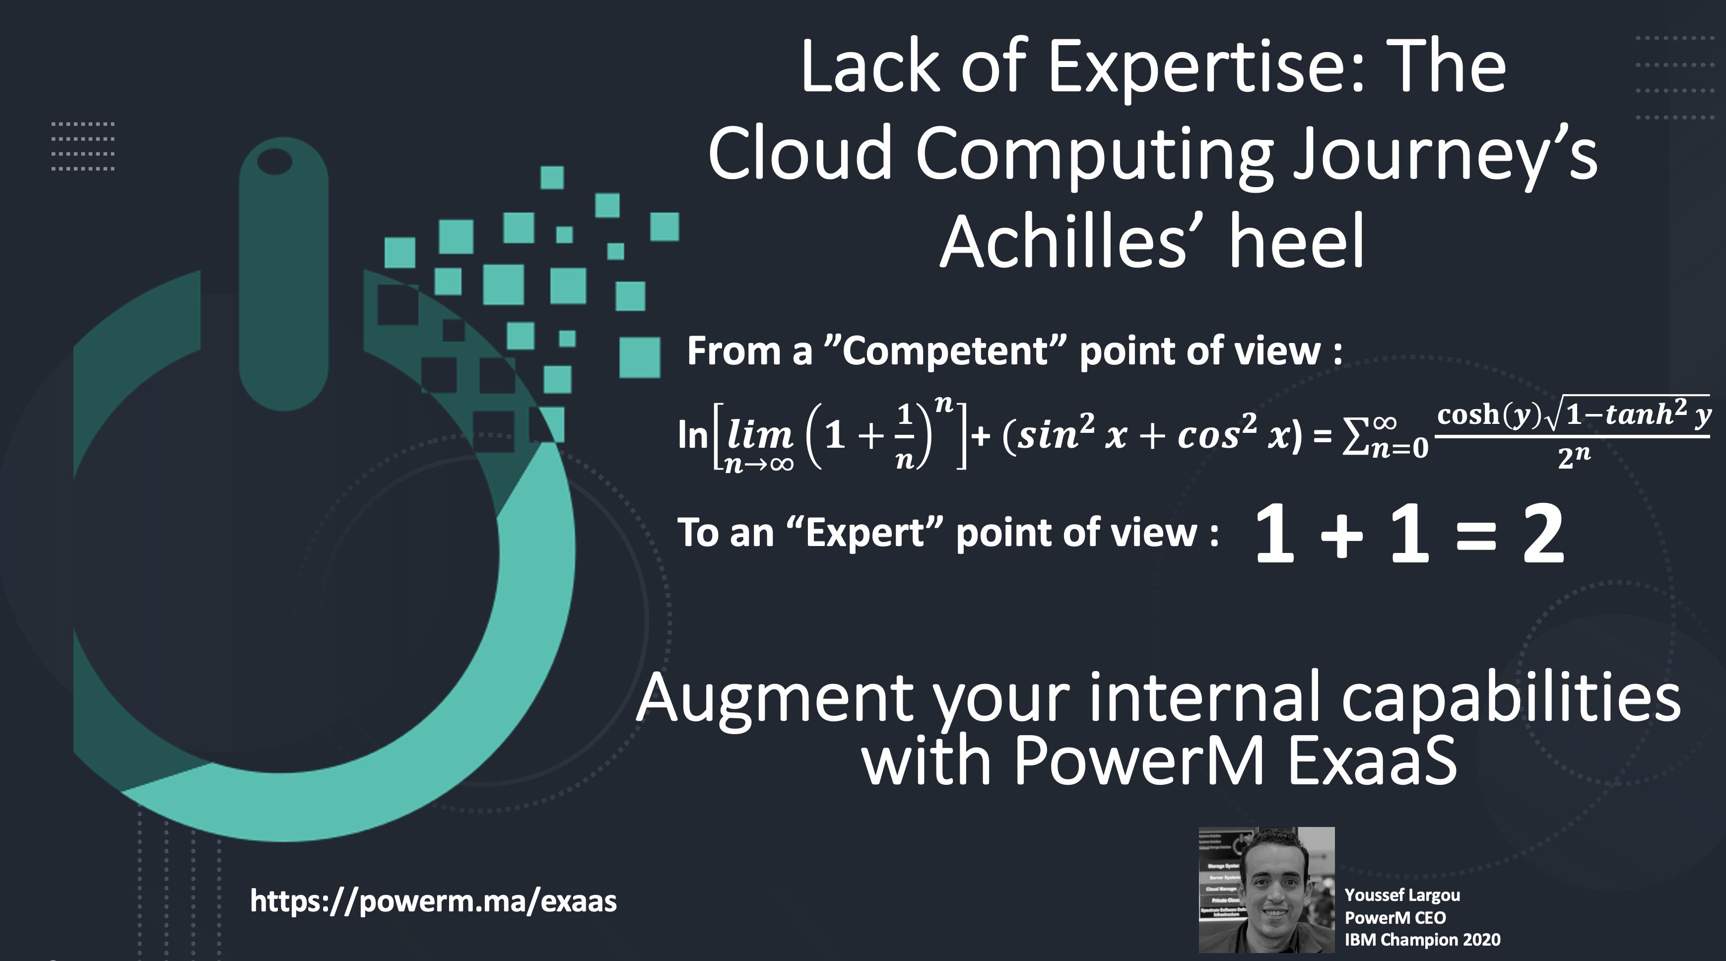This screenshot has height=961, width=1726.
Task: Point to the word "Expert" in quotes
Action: tap(865, 533)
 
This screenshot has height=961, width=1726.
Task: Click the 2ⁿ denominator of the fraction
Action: tap(1574, 457)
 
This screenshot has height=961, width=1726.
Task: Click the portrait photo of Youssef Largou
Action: tap(1266, 890)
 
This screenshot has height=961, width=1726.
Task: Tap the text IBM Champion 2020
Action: tap(1422, 940)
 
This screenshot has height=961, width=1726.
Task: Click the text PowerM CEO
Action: tap(1395, 917)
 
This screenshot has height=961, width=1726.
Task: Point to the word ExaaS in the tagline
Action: tap(1372, 760)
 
